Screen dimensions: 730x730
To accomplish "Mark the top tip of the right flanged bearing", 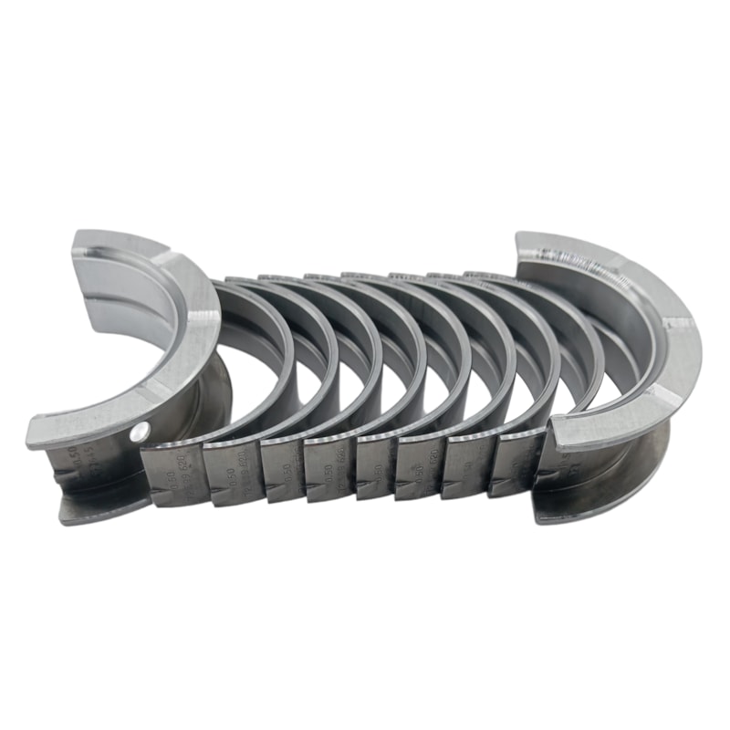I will point(547,239).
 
